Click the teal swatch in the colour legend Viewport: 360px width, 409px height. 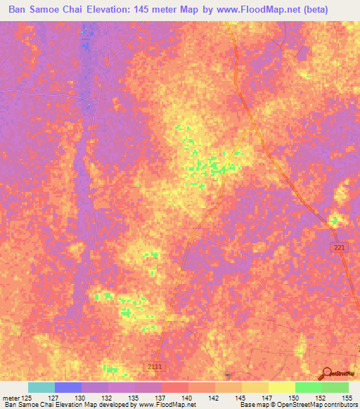(41, 387)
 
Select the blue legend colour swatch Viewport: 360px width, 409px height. (68, 387)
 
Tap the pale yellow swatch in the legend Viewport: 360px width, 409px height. (282, 387)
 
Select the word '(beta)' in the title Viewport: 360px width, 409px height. (333, 11)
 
